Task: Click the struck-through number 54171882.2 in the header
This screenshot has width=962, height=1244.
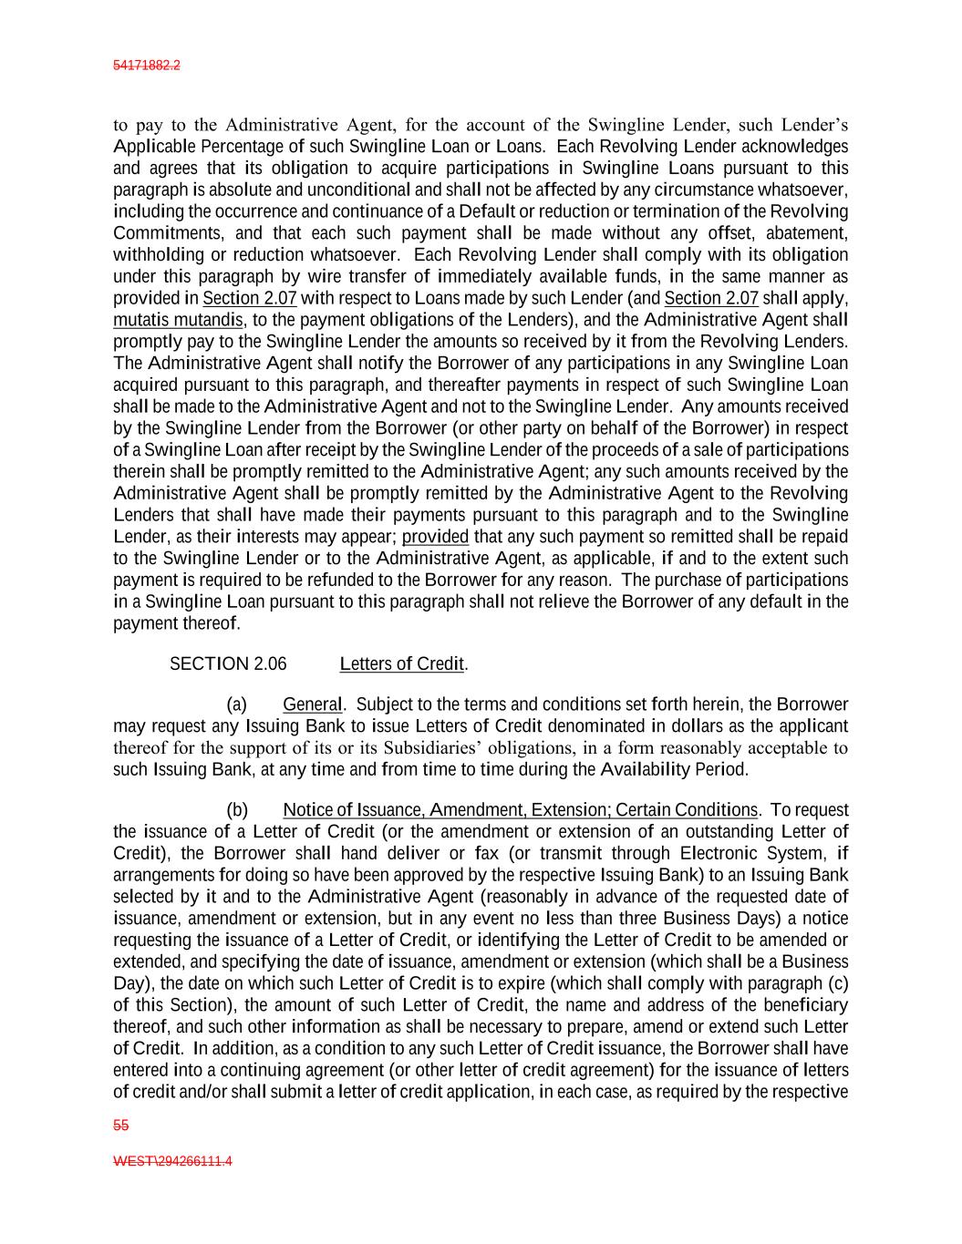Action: coord(146,66)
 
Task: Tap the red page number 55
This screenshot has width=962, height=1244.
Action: coord(120,1126)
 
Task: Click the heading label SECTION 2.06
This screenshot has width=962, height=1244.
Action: coord(228,663)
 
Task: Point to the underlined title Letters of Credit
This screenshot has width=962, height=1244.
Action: coord(402,663)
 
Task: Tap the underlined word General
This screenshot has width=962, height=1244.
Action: coord(313,704)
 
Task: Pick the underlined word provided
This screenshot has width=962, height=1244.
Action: coord(435,537)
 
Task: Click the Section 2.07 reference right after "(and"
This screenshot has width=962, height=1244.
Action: coord(711,298)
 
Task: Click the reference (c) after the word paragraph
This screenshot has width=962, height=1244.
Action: coord(837,983)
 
